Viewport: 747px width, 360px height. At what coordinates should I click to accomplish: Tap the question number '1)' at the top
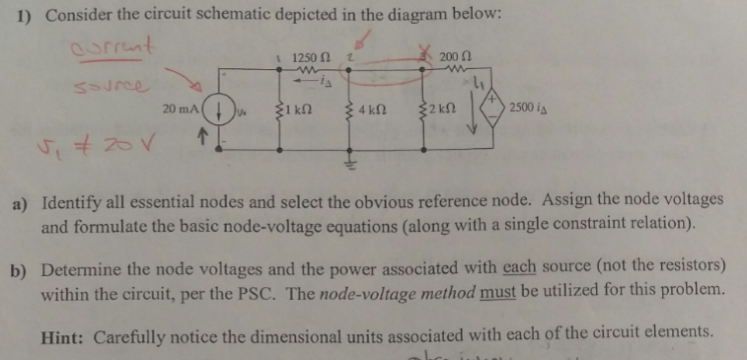pyautogui.click(x=24, y=17)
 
